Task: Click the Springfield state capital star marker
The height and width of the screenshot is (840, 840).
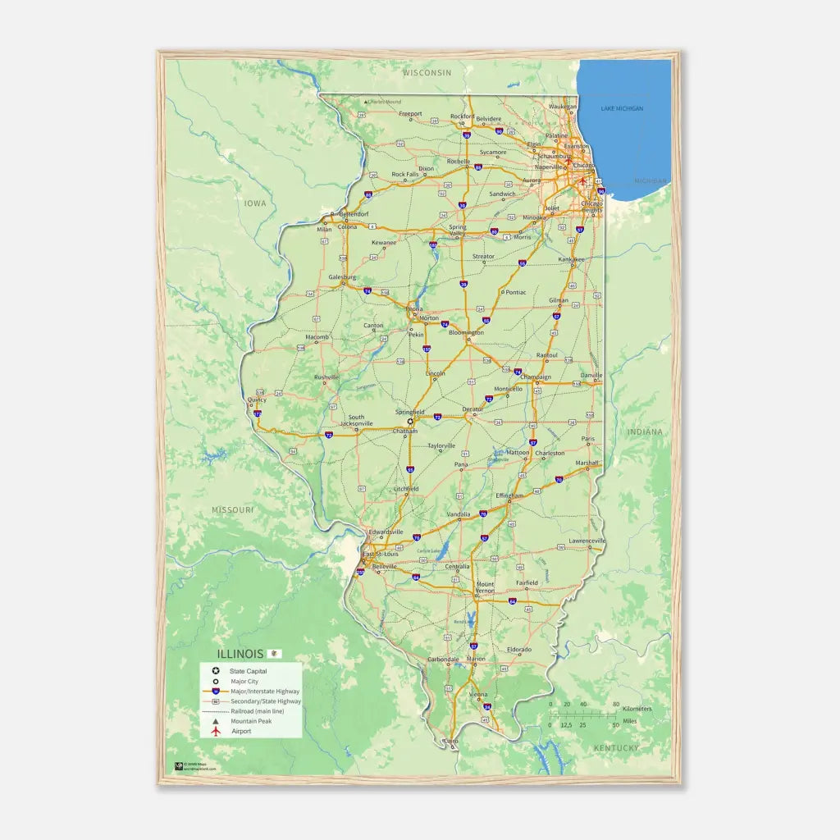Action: click(x=410, y=422)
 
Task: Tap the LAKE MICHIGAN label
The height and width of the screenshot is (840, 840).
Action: click(x=622, y=108)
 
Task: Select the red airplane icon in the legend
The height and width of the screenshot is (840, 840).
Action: click(x=216, y=731)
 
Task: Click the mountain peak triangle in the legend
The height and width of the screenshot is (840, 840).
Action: click(x=216, y=721)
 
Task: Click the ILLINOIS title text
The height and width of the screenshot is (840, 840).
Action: click(x=240, y=654)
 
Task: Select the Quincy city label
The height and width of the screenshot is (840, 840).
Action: click(x=257, y=400)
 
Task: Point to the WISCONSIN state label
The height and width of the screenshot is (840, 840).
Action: click(x=427, y=72)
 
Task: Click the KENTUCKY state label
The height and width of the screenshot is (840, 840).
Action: click(x=616, y=748)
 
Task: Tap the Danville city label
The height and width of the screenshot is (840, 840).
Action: click(x=591, y=375)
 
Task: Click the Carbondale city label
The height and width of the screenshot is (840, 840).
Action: click(x=443, y=659)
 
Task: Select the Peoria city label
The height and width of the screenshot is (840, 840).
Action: click(x=414, y=309)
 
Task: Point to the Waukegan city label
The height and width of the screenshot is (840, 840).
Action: click(x=562, y=106)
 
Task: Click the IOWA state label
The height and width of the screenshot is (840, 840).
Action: click(x=255, y=202)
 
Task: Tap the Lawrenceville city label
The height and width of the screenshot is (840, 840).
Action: click(x=587, y=541)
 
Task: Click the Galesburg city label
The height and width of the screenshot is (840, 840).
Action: click(x=343, y=277)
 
